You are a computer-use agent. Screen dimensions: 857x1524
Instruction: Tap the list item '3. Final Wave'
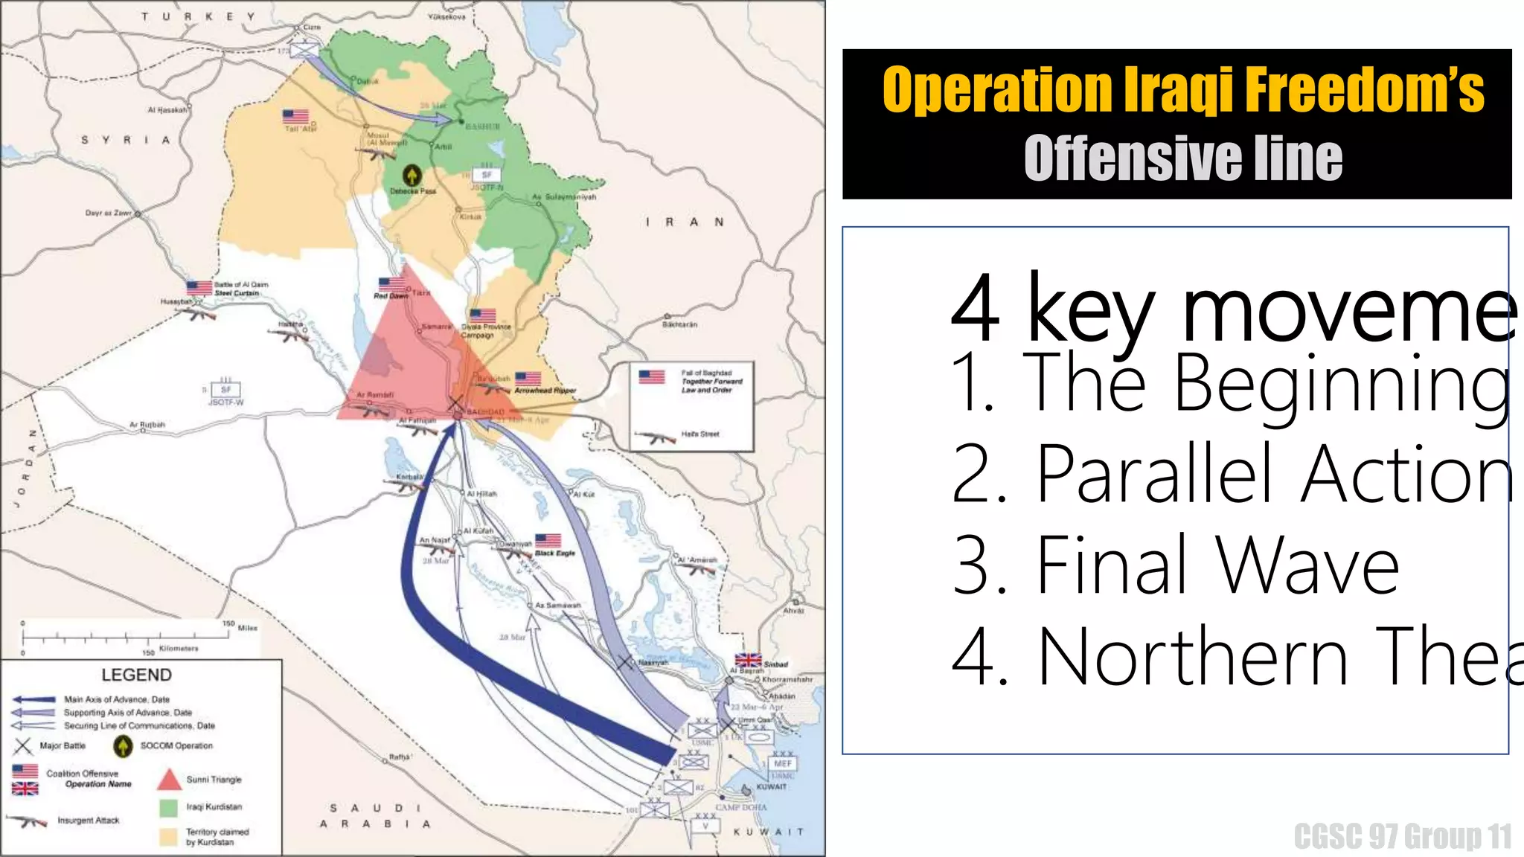tap(1176, 565)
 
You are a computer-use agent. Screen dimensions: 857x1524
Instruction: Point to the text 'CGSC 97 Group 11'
tap(1403, 837)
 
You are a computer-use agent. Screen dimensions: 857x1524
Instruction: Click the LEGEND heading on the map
tap(136, 675)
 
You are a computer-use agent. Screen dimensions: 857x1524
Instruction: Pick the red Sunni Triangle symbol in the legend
tap(170, 780)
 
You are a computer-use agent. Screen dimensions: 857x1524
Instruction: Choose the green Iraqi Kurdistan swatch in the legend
tap(169, 807)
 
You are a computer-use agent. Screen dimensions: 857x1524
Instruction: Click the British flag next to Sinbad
tap(748, 661)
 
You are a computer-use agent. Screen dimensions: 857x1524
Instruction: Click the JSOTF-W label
tap(225, 402)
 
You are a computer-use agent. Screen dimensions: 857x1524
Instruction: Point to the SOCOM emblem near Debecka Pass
tap(412, 176)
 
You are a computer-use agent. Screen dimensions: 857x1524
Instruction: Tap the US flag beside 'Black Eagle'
tap(548, 540)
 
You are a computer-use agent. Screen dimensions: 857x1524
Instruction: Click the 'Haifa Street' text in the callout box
tap(700, 434)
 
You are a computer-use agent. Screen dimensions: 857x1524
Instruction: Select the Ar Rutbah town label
tap(147, 425)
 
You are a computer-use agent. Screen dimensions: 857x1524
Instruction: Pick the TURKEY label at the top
tap(198, 16)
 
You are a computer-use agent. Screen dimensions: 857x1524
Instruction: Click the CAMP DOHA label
tap(740, 807)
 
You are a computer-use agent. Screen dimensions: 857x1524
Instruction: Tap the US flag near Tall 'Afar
tap(295, 117)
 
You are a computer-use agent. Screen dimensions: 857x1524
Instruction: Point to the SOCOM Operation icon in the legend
tap(123, 745)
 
